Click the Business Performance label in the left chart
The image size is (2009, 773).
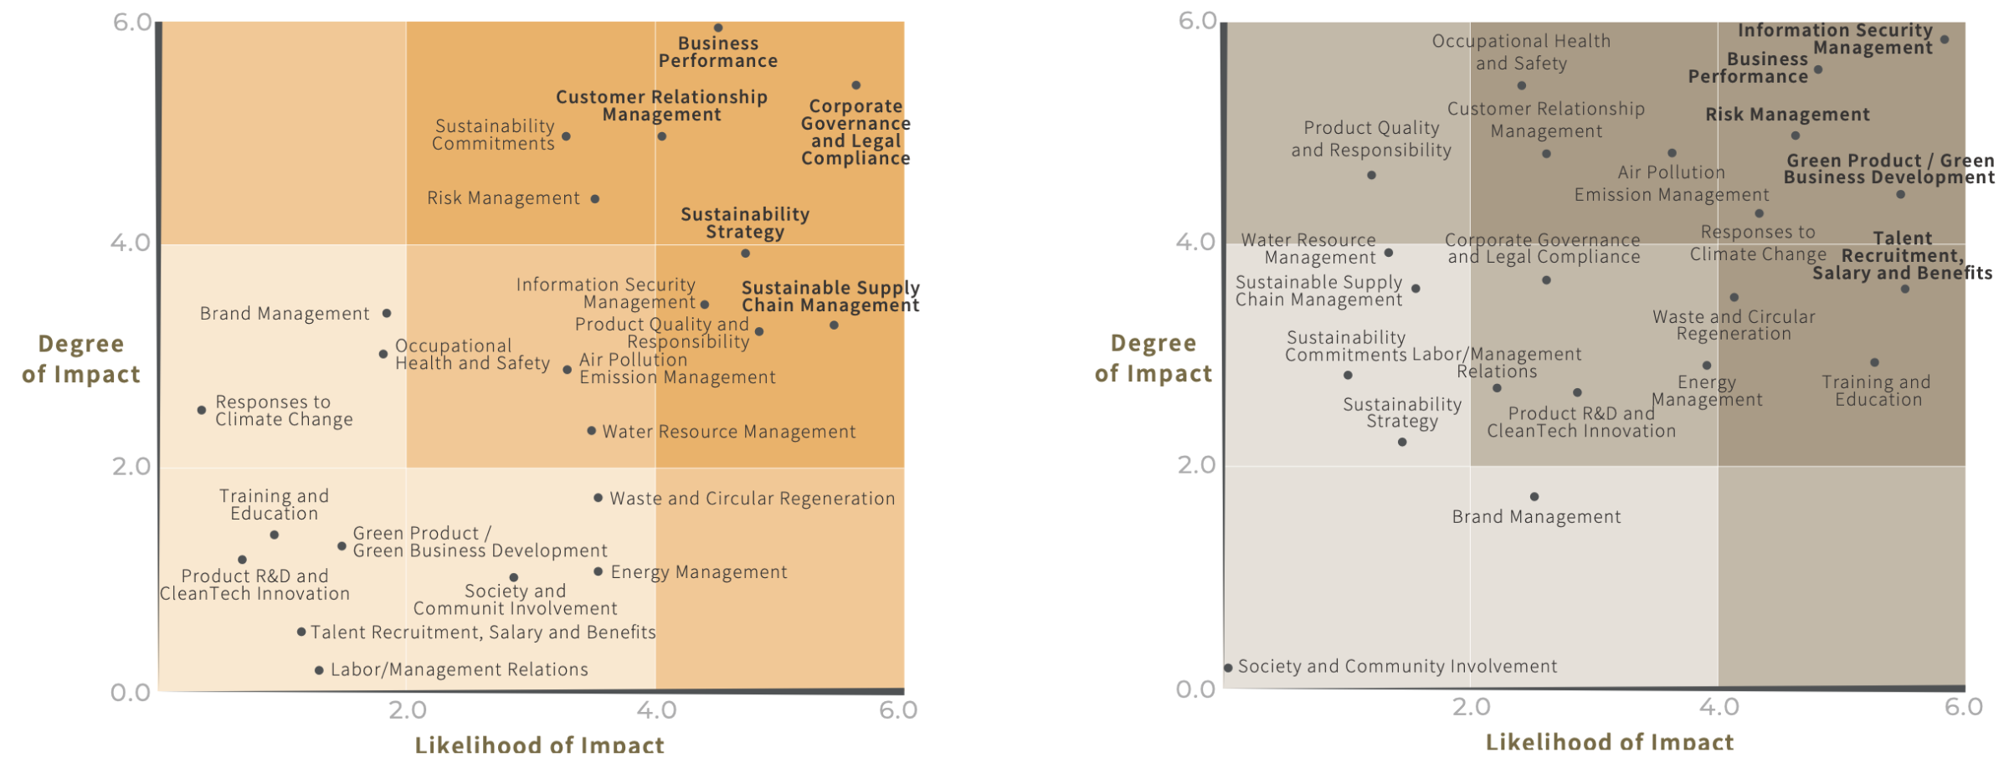tap(717, 52)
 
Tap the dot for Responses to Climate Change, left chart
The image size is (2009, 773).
tap(202, 410)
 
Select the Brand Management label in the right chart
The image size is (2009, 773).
tap(1536, 517)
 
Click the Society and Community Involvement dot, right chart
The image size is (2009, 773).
tap(1228, 668)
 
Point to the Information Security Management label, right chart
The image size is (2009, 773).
tap(1835, 39)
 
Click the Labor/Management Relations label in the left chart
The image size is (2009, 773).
tap(459, 669)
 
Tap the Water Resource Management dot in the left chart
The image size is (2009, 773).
tap(592, 431)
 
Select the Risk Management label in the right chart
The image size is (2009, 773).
tap(1787, 115)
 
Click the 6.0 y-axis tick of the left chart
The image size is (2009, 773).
tap(132, 23)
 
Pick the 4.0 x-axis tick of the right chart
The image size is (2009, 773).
tap(1719, 707)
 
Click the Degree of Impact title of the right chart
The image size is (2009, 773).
tap(1154, 358)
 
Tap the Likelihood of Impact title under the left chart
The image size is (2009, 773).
tap(539, 744)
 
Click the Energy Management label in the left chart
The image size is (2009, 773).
tap(699, 572)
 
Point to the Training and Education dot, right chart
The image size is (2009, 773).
tap(1874, 362)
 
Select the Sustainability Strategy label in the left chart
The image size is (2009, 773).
tap(745, 223)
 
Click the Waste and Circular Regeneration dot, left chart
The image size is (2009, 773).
tap(598, 498)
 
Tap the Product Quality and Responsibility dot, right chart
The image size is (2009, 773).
tap(1371, 175)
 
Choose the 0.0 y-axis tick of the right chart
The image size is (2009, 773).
tap(1195, 689)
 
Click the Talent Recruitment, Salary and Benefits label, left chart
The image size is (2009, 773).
tap(483, 632)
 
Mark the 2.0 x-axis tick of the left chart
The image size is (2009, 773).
tap(408, 710)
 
